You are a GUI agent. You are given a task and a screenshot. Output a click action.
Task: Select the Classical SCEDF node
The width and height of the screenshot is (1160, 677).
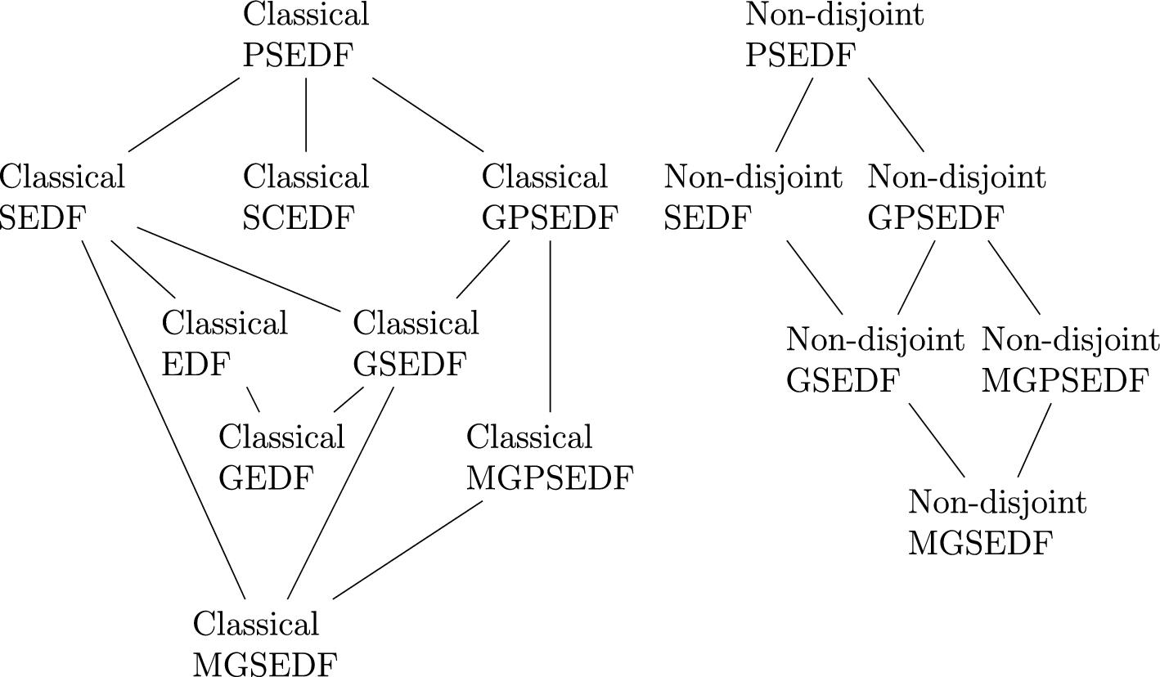tap(306, 198)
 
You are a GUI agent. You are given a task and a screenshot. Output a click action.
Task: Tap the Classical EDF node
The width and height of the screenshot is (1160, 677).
tap(224, 344)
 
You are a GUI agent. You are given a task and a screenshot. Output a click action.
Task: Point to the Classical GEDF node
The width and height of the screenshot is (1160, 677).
tap(281, 458)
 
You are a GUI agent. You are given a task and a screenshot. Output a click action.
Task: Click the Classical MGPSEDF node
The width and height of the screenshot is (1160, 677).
tap(550, 458)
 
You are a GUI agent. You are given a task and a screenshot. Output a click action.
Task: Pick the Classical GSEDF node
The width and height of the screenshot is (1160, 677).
tap(416, 344)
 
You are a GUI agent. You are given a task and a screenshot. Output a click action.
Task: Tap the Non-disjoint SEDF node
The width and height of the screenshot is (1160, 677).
tap(753, 198)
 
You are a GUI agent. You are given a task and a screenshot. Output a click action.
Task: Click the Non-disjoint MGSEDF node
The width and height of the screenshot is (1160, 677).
tap(997, 523)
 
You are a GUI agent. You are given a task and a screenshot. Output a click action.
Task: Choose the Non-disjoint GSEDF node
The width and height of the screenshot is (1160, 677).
tap(875, 360)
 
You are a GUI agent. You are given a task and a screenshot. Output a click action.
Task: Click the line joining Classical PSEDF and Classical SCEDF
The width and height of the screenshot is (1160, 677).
tap(306, 114)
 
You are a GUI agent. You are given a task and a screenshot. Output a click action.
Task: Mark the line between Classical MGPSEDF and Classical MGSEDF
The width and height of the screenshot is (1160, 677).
tap(408, 549)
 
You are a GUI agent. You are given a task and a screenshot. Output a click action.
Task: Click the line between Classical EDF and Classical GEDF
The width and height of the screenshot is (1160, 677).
tap(254, 401)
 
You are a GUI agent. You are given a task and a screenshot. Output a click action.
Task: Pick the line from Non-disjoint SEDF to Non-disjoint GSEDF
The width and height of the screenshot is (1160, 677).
tap(815, 277)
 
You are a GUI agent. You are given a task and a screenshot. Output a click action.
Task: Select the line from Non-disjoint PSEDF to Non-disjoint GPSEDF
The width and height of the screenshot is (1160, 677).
tap(896, 114)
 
